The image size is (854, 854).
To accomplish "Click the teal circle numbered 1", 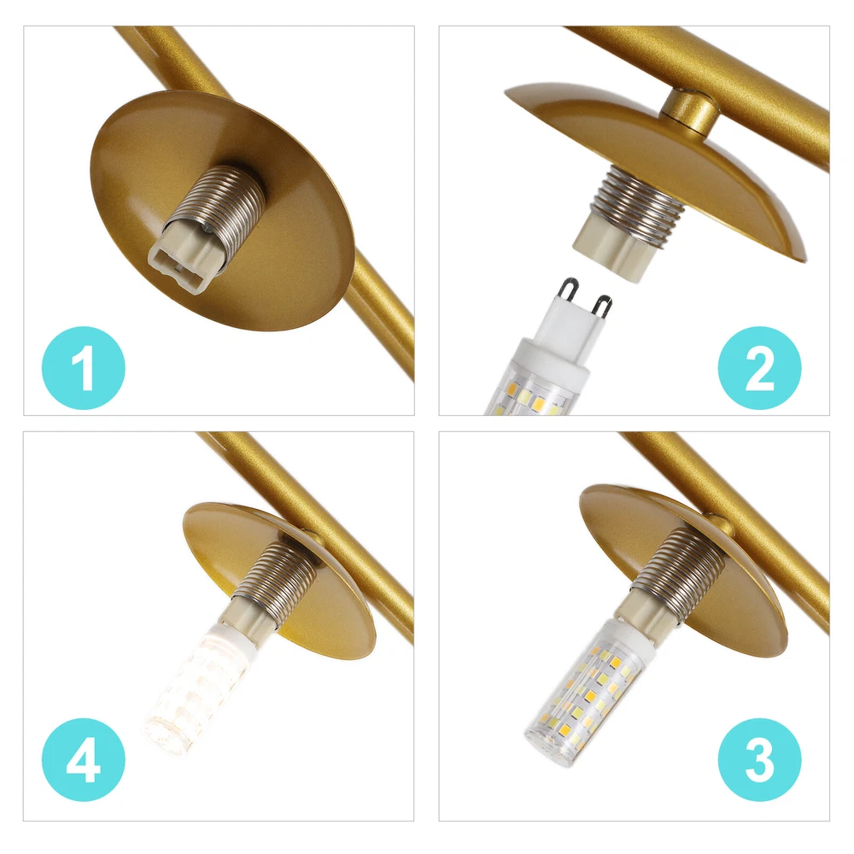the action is [x=84, y=367].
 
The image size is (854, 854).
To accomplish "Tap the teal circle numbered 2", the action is [x=759, y=367].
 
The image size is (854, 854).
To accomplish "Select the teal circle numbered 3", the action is [x=759, y=759].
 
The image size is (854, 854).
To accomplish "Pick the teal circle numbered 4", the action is [x=84, y=759].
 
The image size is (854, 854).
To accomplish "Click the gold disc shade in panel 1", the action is [x=222, y=210].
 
